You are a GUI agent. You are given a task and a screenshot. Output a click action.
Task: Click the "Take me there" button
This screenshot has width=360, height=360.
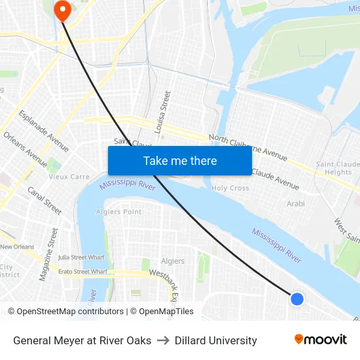tap(180, 160)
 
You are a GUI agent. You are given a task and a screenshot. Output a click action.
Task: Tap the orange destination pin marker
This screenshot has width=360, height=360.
tap(63, 9)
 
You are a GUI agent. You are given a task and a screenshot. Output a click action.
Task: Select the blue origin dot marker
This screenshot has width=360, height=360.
tap(297, 298)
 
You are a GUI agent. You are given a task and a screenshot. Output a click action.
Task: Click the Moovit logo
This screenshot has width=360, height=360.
tap(320, 340)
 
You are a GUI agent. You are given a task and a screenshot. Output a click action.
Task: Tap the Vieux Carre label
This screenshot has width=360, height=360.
tap(69, 177)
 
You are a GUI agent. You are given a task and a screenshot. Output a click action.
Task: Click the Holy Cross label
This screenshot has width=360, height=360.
tap(230, 188)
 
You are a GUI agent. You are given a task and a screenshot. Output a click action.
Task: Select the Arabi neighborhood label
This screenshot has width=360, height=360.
tap(296, 204)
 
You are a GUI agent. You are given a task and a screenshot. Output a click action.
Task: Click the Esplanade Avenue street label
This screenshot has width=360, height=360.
tap(44, 131)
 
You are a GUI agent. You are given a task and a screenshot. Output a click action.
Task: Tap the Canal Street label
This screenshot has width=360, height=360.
tap(45, 200)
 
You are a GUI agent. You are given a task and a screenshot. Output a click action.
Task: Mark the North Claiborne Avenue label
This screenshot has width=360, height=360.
tap(248, 147)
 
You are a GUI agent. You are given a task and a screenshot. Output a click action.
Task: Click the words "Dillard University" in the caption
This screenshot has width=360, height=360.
tap(215, 340)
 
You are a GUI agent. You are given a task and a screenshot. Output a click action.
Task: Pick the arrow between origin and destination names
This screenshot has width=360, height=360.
tap(163, 340)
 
